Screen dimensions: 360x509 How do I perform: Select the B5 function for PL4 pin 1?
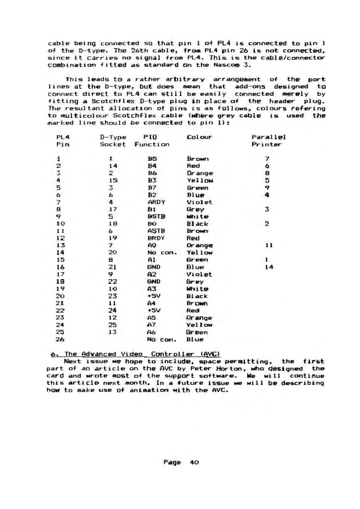(151, 158)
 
